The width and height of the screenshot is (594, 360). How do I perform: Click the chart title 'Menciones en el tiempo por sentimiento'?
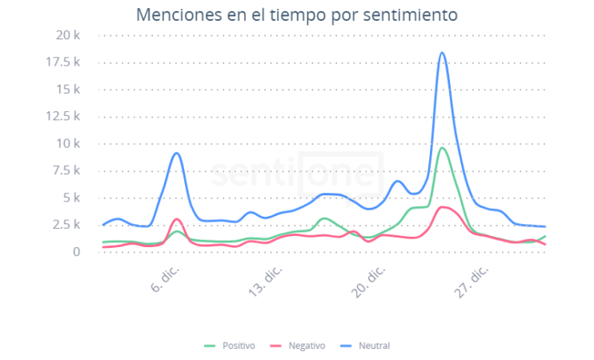(x=297, y=14)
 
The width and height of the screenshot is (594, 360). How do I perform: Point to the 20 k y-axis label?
(x=68, y=35)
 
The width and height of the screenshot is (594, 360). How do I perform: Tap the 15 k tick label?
(x=68, y=90)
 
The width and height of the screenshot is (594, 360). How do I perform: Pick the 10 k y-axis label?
(x=68, y=144)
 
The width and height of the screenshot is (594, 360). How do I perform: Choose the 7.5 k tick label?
(x=65, y=171)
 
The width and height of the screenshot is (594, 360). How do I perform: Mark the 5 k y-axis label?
(x=70, y=198)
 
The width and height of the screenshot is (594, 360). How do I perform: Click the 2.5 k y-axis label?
(x=65, y=226)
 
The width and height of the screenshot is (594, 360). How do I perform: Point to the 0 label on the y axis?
(x=77, y=252)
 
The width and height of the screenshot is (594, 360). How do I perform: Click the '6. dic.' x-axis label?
(x=166, y=278)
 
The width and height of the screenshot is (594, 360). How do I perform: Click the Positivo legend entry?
(x=231, y=346)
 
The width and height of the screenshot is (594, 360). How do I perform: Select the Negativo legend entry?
(x=300, y=346)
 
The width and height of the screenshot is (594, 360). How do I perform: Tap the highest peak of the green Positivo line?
(x=442, y=148)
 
